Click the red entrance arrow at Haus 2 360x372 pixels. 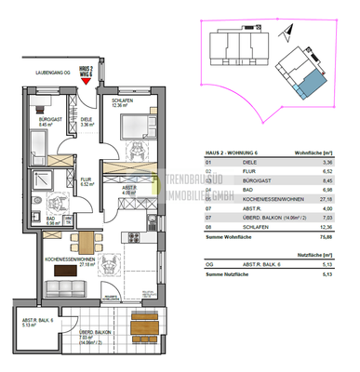(x=87, y=81)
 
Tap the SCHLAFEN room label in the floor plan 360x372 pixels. (x=124, y=101)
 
